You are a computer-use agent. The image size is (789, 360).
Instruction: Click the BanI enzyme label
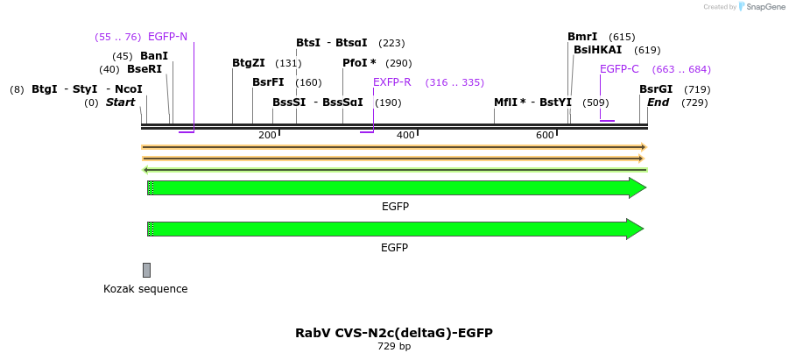coord(154,56)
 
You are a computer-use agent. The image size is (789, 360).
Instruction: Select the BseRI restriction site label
coord(144,69)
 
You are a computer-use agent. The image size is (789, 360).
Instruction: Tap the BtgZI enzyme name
coord(249,63)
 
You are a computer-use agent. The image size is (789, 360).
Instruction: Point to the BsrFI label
coord(268,82)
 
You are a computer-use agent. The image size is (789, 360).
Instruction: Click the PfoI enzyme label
coord(359,63)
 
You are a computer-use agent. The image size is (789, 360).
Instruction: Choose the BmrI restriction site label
coord(582,37)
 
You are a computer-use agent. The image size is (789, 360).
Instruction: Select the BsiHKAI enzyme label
coord(597,50)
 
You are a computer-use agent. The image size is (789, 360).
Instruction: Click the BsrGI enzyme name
coord(656,89)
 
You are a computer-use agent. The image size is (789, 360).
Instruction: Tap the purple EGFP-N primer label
coord(167,37)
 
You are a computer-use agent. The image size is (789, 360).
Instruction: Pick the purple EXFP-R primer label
coord(391,82)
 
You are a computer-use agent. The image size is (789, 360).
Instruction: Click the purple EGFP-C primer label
coord(619,69)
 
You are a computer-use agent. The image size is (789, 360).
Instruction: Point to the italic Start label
coord(120,102)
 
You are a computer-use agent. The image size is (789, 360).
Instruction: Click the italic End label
coord(658,102)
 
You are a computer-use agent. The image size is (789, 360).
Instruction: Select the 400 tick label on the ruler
coord(405,135)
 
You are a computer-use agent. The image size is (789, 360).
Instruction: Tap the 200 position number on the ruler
coord(267,135)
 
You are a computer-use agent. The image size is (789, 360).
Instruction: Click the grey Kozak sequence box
coord(146,270)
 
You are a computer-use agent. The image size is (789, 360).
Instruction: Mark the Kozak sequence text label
coord(145,289)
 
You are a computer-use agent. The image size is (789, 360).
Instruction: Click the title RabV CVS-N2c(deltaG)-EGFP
coord(394,333)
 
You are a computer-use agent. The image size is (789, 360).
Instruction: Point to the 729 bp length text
coord(394,347)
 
